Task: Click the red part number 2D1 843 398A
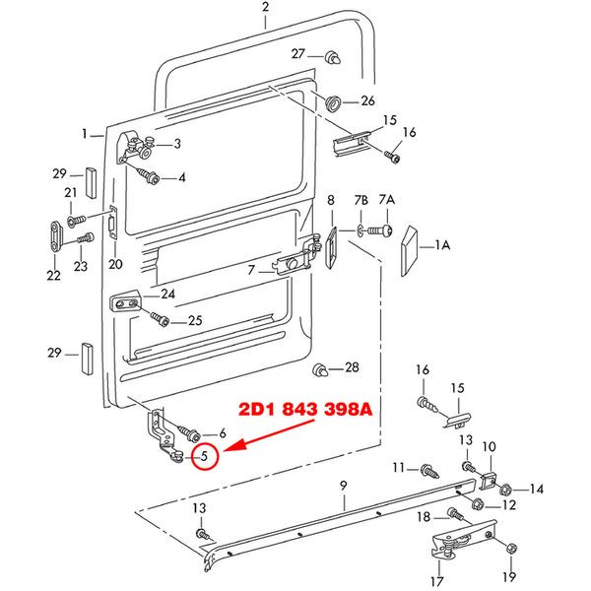305,410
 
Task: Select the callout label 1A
442,245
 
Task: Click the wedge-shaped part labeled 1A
409,250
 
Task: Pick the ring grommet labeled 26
333,102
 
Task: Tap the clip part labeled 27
333,57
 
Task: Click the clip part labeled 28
320,370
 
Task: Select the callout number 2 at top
266,7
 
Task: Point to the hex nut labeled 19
510,548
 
